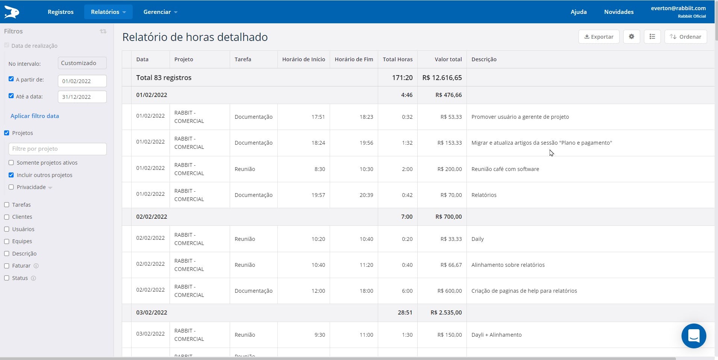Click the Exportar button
click(x=598, y=37)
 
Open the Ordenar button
click(x=685, y=37)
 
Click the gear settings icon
click(x=632, y=37)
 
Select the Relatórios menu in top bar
click(x=108, y=12)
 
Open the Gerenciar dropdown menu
click(x=160, y=12)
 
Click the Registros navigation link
click(x=61, y=12)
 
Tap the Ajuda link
click(x=579, y=12)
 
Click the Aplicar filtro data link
click(x=35, y=116)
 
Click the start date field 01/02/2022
click(x=82, y=81)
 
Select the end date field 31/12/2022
click(x=82, y=97)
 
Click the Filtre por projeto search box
click(x=58, y=149)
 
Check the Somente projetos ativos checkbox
click(x=11, y=163)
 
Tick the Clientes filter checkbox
click(x=7, y=217)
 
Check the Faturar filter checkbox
click(x=7, y=266)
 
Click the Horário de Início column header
click(x=303, y=59)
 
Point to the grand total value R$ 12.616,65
click(x=442, y=78)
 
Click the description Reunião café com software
click(x=505, y=169)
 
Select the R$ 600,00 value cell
click(x=450, y=291)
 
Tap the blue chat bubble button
click(x=694, y=336)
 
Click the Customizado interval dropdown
click(x=82, y=63)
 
